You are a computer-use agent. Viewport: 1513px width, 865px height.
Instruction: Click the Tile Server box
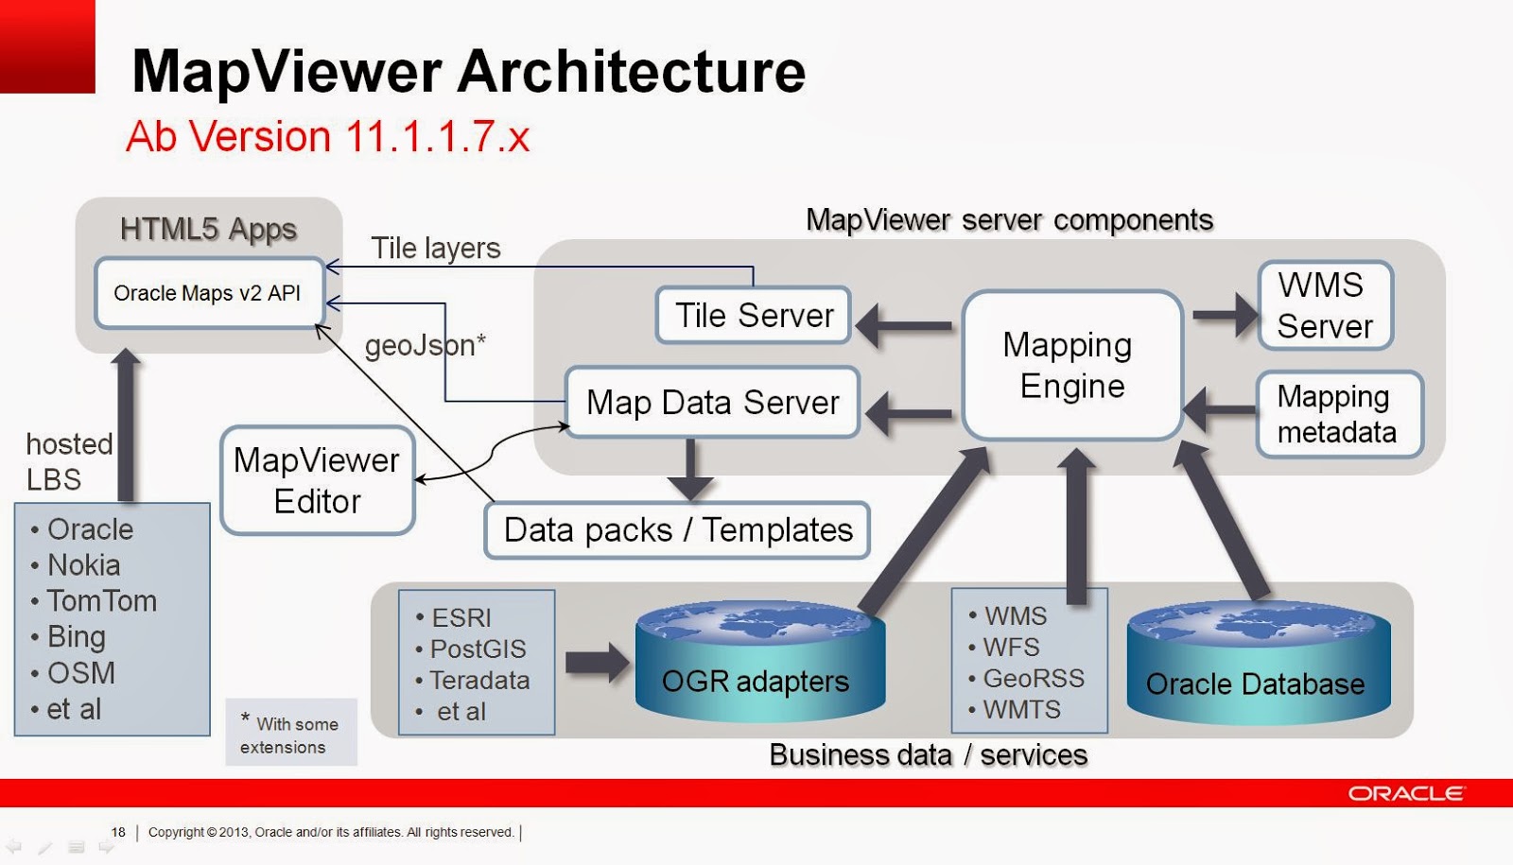tap(754, 316)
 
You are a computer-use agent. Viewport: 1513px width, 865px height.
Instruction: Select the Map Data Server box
tap(712, 403)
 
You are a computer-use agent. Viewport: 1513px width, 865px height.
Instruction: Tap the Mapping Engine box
tap(1071, 366)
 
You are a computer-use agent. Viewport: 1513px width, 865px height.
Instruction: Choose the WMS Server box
tap(1325, 305)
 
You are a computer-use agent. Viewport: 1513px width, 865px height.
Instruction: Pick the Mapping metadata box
tap(1337, 414)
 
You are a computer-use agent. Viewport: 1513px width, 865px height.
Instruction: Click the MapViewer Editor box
tap(318, 480)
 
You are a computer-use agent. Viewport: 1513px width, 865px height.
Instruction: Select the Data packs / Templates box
tap(677, 530)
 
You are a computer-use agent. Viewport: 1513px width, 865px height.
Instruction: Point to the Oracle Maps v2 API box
tap(208, 293)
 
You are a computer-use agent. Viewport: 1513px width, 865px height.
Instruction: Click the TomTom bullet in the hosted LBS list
tap(101, 601)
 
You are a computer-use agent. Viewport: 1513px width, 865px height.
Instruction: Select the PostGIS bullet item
tap(478, 649)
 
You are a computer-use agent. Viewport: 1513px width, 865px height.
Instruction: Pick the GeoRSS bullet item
tap(1033, 679)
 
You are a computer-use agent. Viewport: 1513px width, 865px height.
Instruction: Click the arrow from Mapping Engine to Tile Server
tap(906, 325)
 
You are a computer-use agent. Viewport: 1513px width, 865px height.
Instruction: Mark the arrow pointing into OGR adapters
tap(597, 663)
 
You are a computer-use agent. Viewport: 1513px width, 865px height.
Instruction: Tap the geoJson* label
tap(425, 346)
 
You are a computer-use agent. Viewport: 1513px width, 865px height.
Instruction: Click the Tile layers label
tap(435, 249)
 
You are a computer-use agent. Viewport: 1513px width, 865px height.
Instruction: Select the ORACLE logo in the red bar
tap(1405, 793)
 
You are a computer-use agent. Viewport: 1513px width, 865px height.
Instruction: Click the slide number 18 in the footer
tap(118, 833)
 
